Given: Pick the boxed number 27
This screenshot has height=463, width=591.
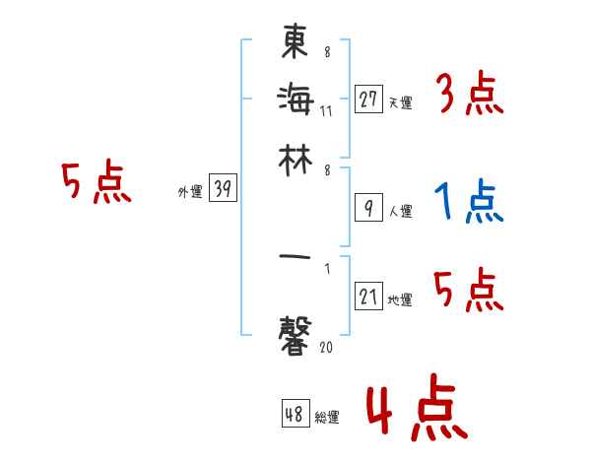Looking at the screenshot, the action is pos(368,99).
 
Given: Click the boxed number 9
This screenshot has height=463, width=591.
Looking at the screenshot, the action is pos(368,207).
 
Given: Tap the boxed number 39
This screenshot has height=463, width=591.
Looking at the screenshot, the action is pos(223,190).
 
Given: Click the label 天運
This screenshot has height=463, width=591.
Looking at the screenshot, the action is pos(400,102).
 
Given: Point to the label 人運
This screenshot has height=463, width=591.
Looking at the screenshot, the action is pos(400,210).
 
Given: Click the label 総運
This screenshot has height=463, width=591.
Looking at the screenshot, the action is pos(327,418).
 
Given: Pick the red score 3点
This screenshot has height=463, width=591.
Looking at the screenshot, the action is pos(470,97).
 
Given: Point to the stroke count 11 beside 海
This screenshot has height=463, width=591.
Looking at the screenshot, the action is pos(327,110).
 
